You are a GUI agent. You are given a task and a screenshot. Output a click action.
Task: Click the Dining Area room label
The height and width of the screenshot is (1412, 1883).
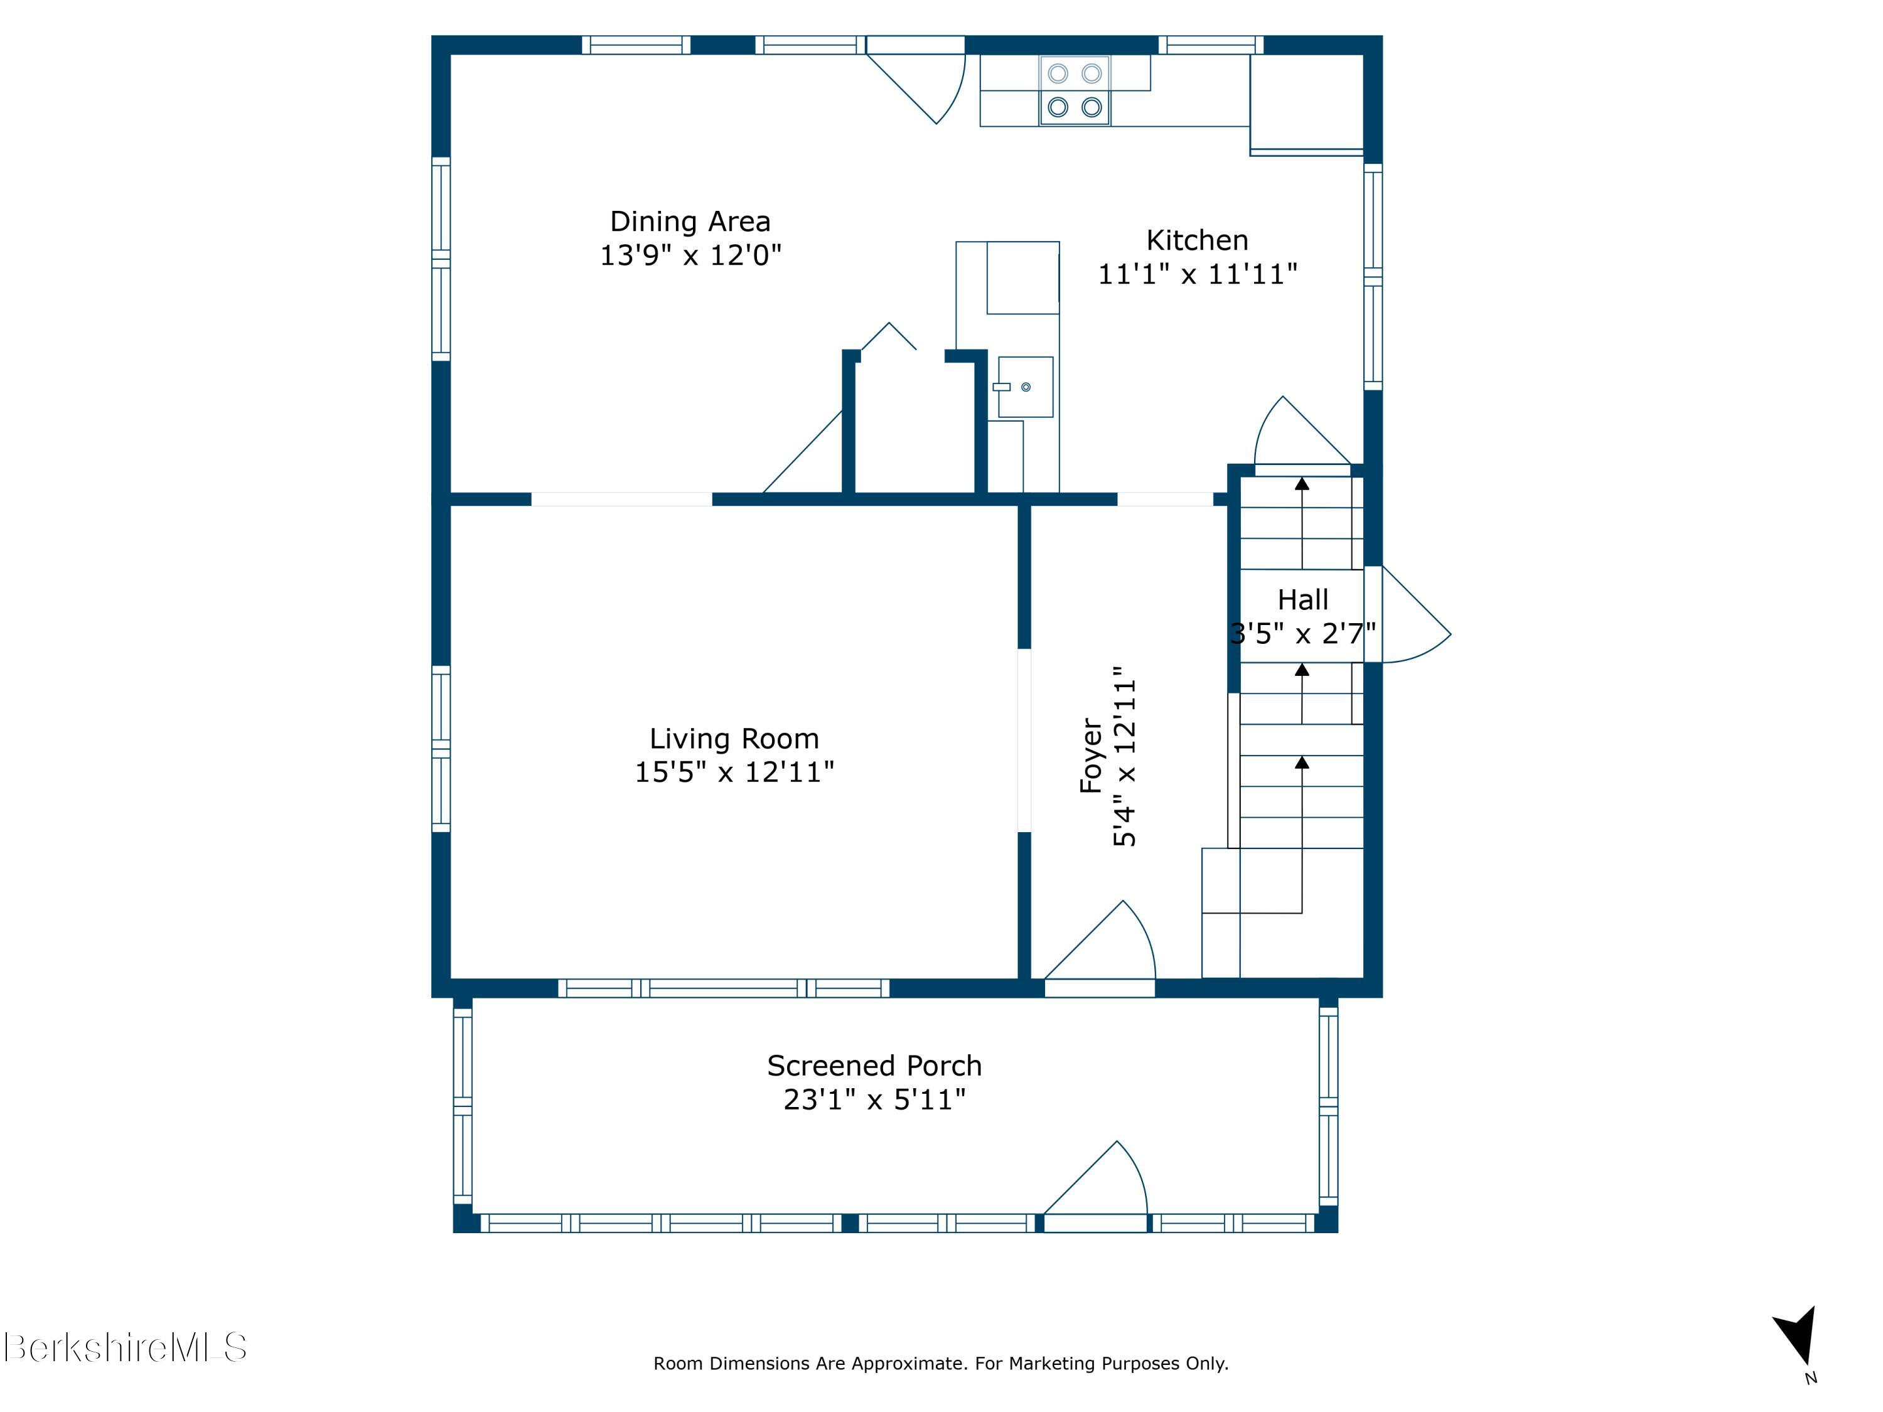coord(690,222)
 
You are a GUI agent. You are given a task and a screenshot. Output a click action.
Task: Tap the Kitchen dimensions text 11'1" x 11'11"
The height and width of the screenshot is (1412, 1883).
coord(1197,274)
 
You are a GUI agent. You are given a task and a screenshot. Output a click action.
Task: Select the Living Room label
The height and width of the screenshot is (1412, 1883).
coord(734,739)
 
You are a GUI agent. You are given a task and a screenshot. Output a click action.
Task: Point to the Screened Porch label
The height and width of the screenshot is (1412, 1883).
coord(874,1066)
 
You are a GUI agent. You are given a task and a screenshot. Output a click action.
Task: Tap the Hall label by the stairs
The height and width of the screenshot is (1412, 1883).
coord(1302,600)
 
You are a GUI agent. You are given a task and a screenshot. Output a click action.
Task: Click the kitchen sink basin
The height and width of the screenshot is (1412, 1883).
coord(1025,387)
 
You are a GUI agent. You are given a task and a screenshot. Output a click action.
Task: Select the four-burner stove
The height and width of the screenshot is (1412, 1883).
coord(1075,90)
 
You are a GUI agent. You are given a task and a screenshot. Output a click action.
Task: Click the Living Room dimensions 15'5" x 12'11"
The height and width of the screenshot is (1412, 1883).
coord(734,772)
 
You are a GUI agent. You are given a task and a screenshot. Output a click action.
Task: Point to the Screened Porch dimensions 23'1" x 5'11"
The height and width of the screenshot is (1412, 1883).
coord(874,1099)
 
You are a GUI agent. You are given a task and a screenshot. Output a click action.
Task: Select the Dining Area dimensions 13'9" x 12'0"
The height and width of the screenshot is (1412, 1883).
coord(690,255)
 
